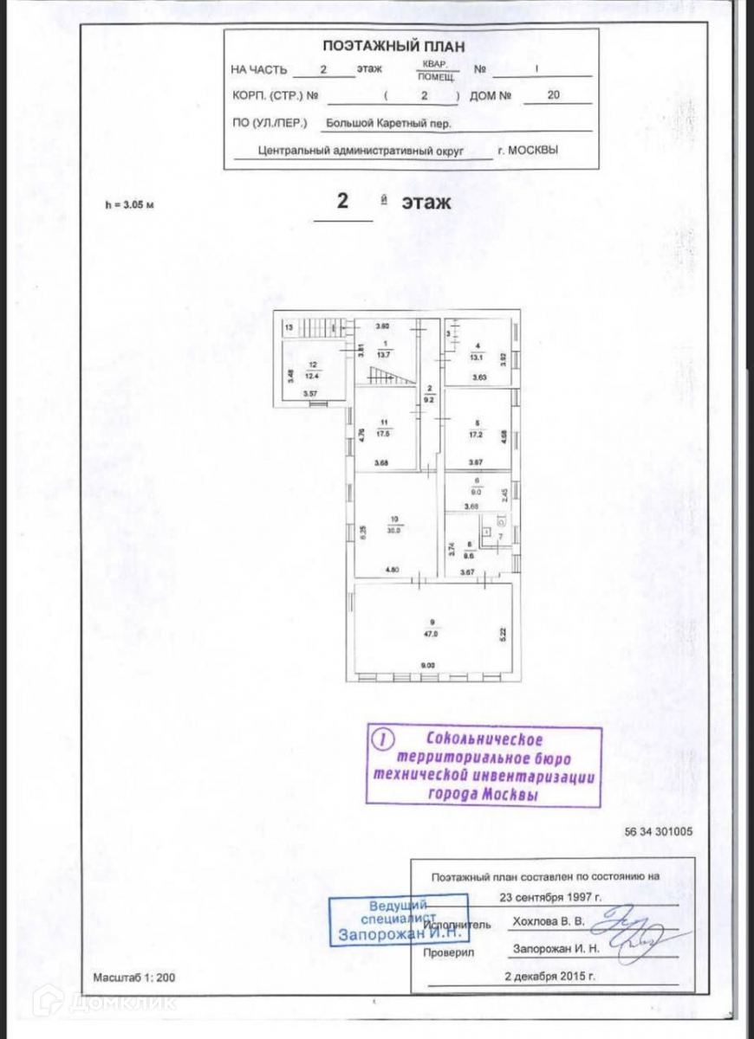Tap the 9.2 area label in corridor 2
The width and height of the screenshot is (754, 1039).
point(429,401)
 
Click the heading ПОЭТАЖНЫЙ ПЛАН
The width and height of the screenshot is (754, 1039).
point(394,47)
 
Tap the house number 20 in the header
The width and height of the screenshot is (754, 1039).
point(554,96)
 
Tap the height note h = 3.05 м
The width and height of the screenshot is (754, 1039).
point(128,206)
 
